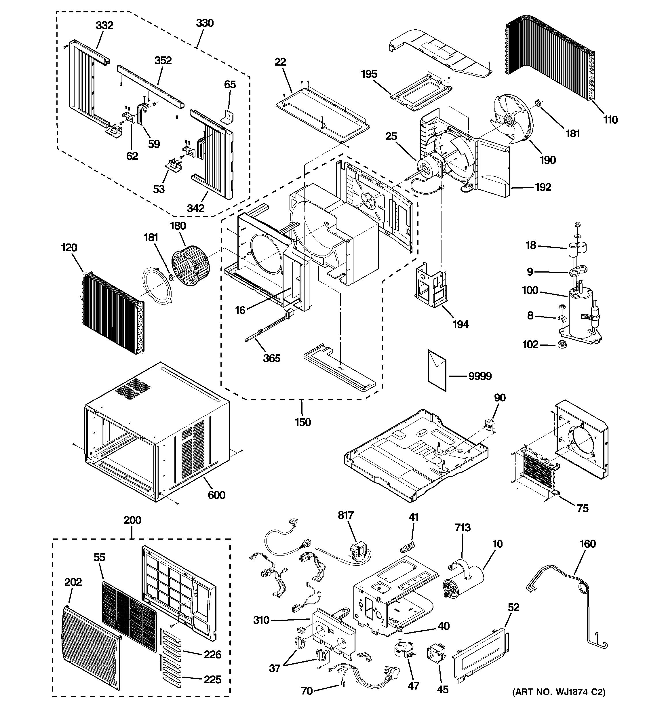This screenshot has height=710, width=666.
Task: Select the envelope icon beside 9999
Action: tap(437, 370)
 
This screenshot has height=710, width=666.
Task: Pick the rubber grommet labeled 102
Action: tap(562, 345)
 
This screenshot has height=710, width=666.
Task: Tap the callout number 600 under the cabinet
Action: tap(216, 495)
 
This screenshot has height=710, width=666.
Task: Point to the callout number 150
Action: tap(302, 422)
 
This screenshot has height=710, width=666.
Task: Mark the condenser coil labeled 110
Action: tap(550, 57)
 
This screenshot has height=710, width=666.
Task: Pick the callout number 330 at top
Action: tap(205, 23)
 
